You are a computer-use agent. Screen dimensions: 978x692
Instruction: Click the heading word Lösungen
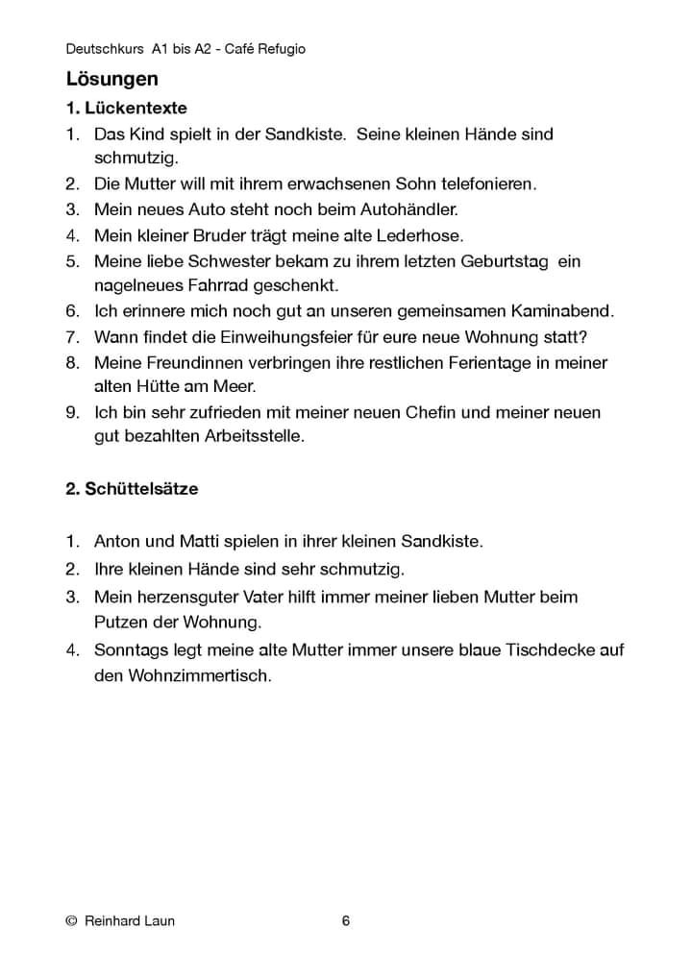point(111,78)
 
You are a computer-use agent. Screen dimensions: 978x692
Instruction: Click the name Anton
point(117,541)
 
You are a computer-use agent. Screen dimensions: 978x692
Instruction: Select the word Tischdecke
point(549,649)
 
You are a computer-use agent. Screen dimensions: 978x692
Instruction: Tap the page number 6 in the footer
point(346,921)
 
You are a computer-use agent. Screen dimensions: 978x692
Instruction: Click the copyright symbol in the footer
point(71,922)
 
